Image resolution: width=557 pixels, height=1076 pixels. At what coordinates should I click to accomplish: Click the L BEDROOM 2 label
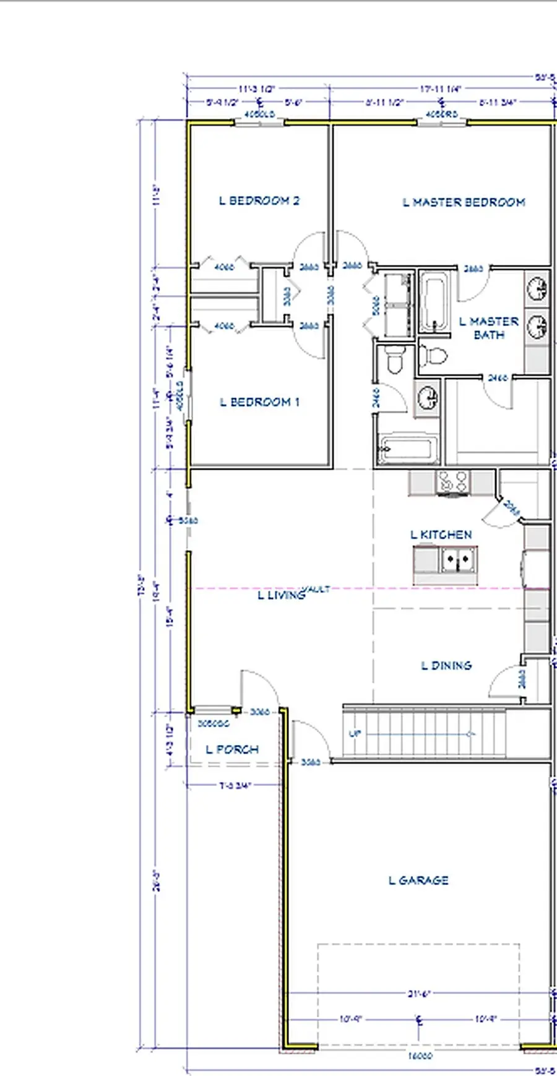[259, 200]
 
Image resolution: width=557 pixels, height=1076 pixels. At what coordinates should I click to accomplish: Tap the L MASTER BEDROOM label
[464, 202]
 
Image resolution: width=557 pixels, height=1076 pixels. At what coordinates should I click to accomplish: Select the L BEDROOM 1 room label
[260, 402]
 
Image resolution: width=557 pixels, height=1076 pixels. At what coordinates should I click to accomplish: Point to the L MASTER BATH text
[489, 328]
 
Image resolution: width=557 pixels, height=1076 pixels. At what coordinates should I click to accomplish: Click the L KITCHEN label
[441, 535]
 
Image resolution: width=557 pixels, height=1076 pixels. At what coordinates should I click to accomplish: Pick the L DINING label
[446, 666]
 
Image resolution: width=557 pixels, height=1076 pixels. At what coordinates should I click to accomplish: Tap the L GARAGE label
[418, 880]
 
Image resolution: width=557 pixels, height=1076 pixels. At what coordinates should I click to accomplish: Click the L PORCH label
[232, 749]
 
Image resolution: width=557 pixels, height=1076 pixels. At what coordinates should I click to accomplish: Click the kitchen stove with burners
[452, 482]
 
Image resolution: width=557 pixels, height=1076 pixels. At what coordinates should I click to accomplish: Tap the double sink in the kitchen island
[458, 560]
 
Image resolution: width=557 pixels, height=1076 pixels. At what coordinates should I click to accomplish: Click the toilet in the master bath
[433, 356]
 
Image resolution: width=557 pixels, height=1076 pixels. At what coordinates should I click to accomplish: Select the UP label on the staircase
[355, 734]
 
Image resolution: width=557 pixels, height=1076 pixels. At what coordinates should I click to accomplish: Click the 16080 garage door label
[420, 1056]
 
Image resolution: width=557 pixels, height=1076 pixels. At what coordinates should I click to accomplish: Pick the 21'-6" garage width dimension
[418, 994]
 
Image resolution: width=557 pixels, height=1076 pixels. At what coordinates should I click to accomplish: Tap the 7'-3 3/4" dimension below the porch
[235, 786]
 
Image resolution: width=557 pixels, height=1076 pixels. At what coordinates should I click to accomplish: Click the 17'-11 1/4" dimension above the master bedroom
[441, 89]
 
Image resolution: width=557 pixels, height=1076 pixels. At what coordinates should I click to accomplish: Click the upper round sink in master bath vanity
[537, 289]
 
